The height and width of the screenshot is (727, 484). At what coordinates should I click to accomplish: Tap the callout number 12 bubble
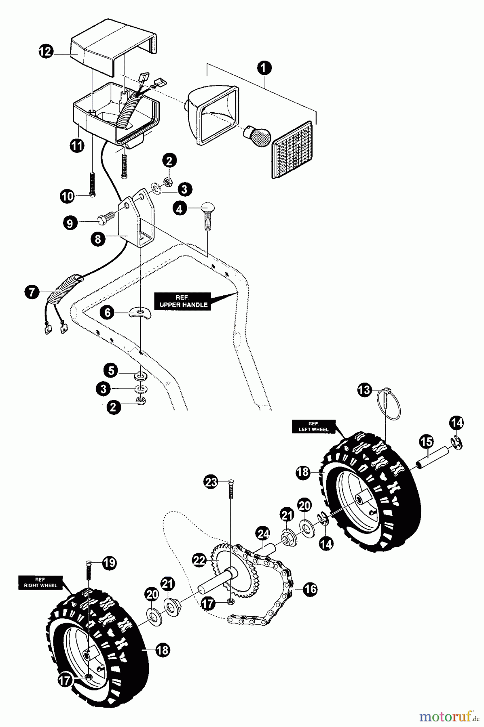point(46,51)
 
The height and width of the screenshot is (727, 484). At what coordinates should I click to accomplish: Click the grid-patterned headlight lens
point(293,150)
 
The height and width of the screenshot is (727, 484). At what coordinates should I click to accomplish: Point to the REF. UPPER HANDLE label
point(183,301)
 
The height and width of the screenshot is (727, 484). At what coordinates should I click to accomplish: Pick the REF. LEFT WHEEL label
point(314,427)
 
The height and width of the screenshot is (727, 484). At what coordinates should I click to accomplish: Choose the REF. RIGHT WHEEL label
point(40,582)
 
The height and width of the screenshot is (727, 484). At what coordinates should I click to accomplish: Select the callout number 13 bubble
point(364,390)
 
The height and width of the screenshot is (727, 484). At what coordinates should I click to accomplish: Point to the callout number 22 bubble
point(199,560)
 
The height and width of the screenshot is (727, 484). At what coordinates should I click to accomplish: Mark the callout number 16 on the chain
point(310,589)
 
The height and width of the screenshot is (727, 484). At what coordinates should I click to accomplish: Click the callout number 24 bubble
point(263,534)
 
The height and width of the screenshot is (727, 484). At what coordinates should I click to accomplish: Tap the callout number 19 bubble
point(109,563)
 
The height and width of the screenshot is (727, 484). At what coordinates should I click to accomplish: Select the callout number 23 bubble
point(211,482)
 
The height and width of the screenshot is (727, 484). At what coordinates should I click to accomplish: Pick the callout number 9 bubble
point(70,223)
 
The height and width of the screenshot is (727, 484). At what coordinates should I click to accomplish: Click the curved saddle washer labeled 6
point(139,313)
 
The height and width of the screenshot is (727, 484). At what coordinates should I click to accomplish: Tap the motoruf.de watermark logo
point(446,716)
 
